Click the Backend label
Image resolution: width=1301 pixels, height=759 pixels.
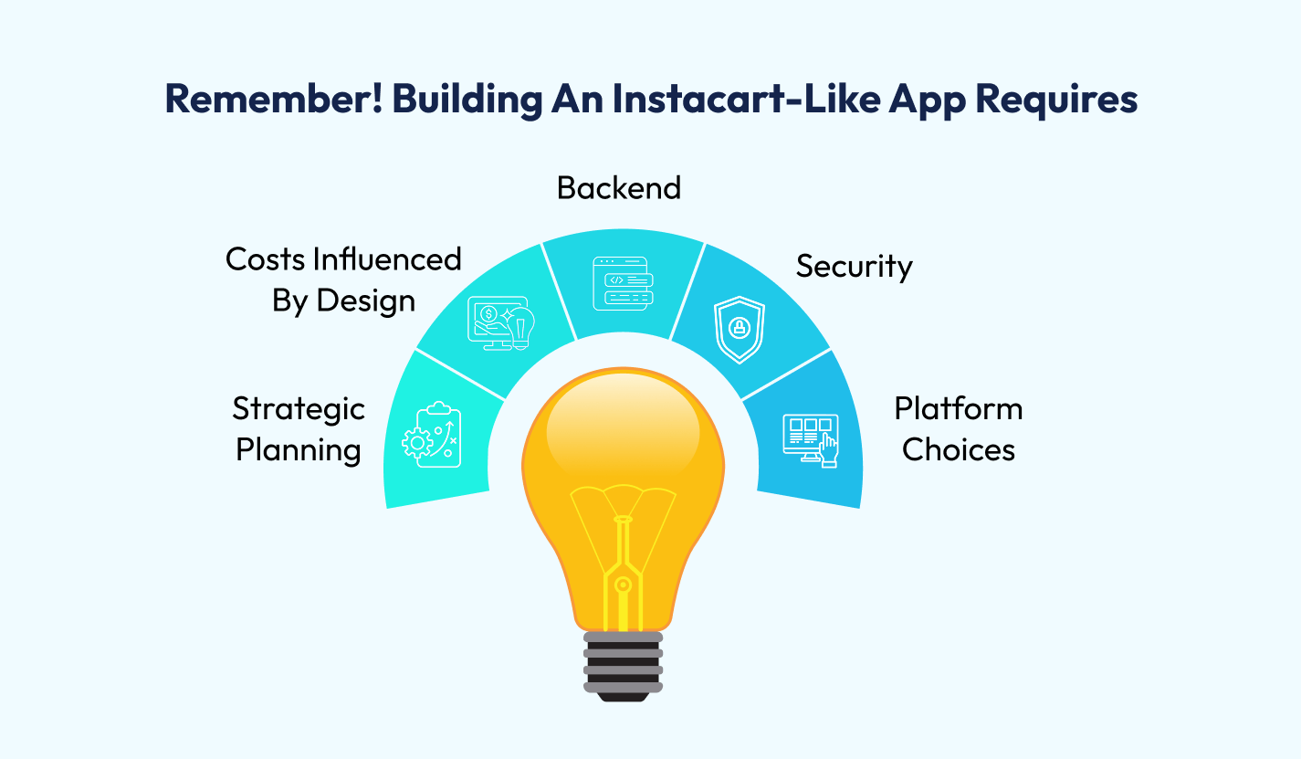(619, 187)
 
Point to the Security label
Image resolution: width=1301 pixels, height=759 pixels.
(854, 266)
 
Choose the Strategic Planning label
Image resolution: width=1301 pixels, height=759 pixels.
(299, 429)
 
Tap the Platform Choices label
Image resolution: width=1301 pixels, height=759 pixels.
(959, 429)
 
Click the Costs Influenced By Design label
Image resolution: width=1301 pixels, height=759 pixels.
(343, 279)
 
